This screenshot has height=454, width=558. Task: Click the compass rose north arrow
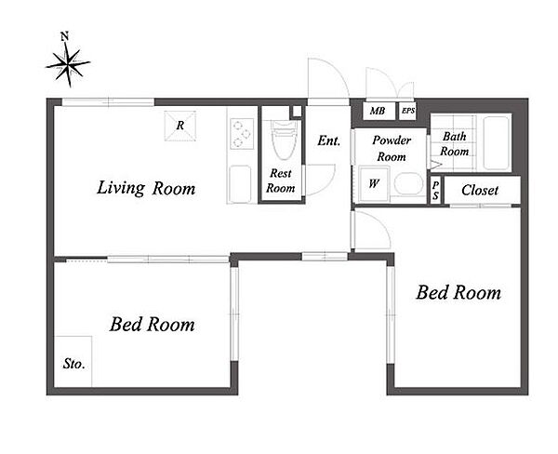coord(68,64)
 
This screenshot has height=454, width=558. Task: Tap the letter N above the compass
coord(64,36)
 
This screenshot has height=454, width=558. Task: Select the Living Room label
coord(146,188)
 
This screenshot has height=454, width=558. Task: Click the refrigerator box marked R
coord(180,126)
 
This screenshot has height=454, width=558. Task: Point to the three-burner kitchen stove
coord(242,134)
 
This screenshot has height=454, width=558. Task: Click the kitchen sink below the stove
coord(240,183)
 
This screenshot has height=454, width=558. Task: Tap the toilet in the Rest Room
coord(284,140)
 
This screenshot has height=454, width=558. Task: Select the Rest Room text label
coord(281,180)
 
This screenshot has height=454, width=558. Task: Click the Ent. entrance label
coord(329,140)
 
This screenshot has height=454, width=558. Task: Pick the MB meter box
coord(379,111)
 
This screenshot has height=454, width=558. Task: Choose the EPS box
coord(408,111)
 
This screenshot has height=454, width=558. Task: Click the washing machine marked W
coord(374,184)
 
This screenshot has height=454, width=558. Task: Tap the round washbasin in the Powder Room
coord(408,183)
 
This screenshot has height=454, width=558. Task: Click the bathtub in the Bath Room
coord(496,143)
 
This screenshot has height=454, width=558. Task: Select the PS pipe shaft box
coord(435,190)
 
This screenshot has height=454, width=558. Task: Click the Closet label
coord(480,190)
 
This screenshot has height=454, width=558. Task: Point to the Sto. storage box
coord(73,361)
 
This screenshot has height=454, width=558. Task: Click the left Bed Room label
coord(153,324)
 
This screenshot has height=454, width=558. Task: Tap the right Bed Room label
coord(458,292)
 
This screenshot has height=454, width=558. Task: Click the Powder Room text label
coord(392,149)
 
